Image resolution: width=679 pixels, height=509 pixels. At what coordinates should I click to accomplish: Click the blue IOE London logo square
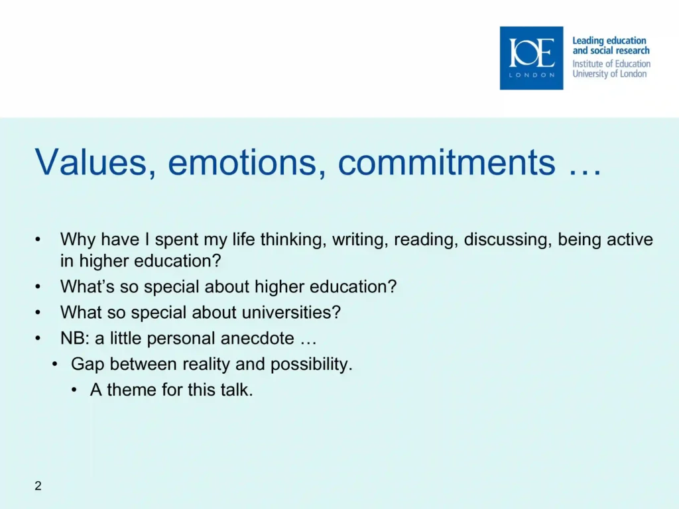click(531, 58)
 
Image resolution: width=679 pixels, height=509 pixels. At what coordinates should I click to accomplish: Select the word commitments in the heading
click(446, 162)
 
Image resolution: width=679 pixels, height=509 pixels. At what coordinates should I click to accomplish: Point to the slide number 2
click(38, 486)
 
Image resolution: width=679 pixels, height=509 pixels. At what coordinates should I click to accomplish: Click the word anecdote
click(257, 339)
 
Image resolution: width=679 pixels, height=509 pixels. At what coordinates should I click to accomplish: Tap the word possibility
click(312, 365)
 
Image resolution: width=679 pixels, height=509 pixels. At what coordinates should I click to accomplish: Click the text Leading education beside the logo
click(609, 40)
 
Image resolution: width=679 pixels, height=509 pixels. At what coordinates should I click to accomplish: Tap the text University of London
click(609, 74)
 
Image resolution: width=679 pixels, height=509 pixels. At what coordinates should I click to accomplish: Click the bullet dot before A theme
click(74, 390)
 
